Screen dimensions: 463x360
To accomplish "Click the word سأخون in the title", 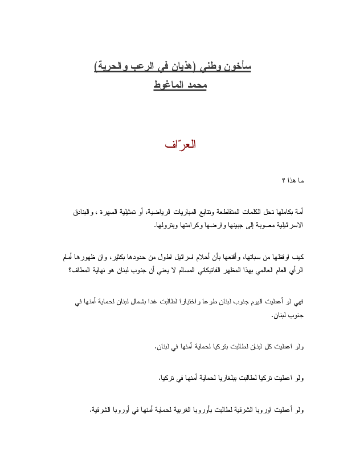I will [x=238, y=67].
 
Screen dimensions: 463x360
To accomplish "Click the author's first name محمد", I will [x=195, y=86].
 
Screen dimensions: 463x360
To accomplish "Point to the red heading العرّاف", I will [x=180, y=144].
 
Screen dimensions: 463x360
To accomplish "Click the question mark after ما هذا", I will [x=284, y=181].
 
